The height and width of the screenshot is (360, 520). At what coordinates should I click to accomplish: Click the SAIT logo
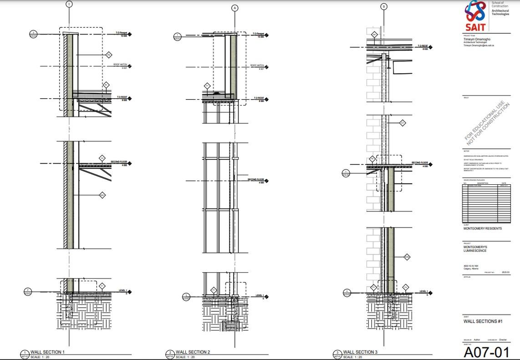click(x=474, y=15)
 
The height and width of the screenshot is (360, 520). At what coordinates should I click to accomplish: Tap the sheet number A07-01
click(x=486, y=352)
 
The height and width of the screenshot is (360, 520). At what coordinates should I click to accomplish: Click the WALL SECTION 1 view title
click(x=47, y=352)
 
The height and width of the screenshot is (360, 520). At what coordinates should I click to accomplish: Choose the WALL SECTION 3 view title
click(x=360, y=352)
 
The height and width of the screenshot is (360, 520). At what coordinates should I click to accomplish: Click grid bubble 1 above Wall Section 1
click(x=69, y=4)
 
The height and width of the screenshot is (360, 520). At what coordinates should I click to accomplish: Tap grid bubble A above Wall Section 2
click(x=235, y=8)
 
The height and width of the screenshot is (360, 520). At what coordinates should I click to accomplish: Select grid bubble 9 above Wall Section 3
click(x=384, y=6)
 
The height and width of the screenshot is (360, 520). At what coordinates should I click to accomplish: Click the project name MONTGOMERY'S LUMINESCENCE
click(x=475, y=249)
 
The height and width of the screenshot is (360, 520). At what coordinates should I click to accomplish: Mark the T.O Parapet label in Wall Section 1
click(x=121, y=33)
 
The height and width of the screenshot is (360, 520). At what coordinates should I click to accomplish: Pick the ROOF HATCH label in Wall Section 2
click(x=257, y=66)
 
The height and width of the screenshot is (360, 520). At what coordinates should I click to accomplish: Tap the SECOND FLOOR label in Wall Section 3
click(x=419, y=162)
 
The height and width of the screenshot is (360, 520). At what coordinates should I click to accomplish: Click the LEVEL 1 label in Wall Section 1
click(x=123, y=290)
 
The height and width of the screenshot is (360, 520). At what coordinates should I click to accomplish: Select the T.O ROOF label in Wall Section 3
click(x=421, y=46)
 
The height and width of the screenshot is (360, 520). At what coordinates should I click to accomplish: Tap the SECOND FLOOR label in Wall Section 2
click(x=256, y=180)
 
